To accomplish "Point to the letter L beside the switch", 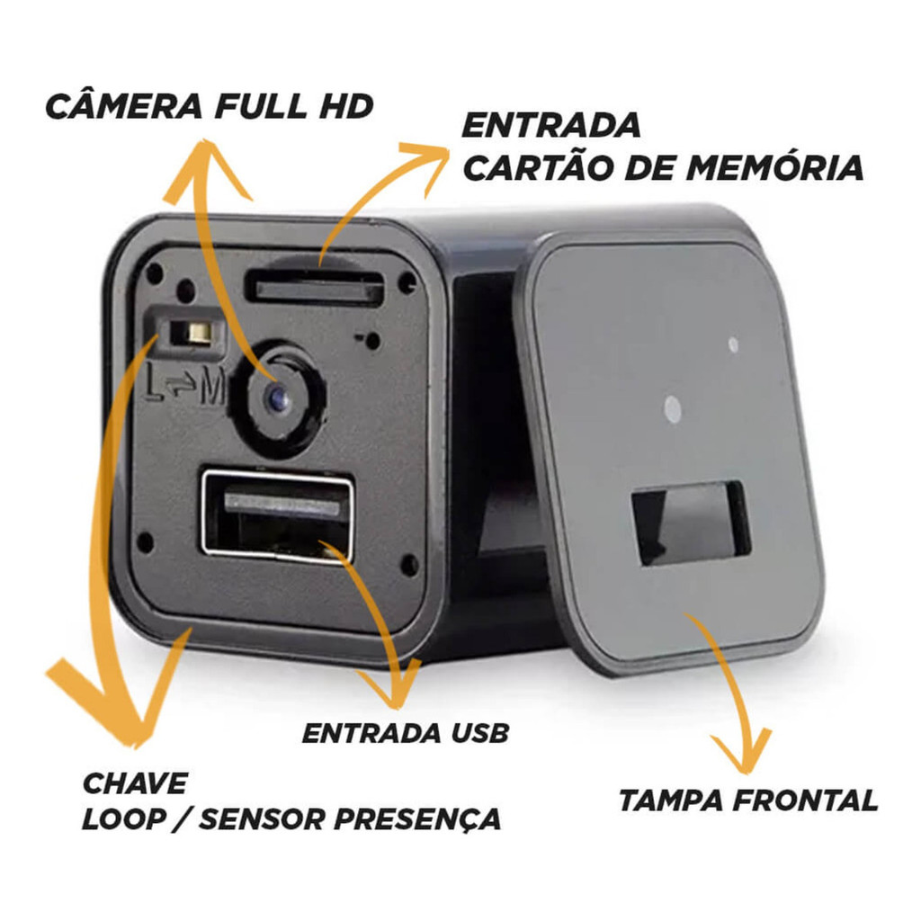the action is click(154, 383).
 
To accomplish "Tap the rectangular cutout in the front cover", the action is click(691, 522).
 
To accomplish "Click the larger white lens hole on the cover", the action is click(672, 409).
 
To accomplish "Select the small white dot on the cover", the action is click(733, 344).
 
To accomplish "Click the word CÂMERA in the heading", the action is click(124, 106).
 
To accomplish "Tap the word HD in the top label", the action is click(346, 106).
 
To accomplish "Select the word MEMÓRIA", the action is click(774, 168).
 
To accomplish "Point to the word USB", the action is click(479, 733).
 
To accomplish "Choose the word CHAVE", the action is click(135, 783).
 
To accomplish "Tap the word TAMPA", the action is click(670, 800).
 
